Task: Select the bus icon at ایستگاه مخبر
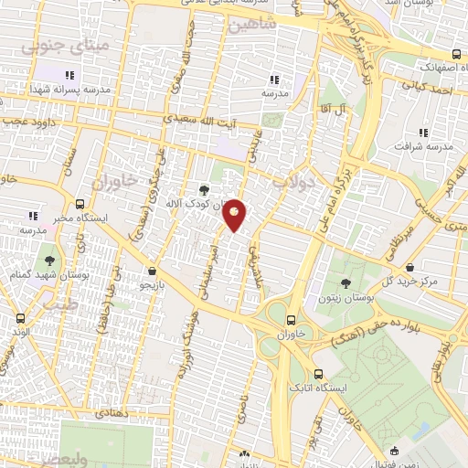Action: pos(80,205)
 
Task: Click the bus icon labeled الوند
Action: pos(20,318)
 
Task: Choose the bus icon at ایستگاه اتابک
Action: pos(318,374)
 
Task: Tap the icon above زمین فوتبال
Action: pos(394,450)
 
